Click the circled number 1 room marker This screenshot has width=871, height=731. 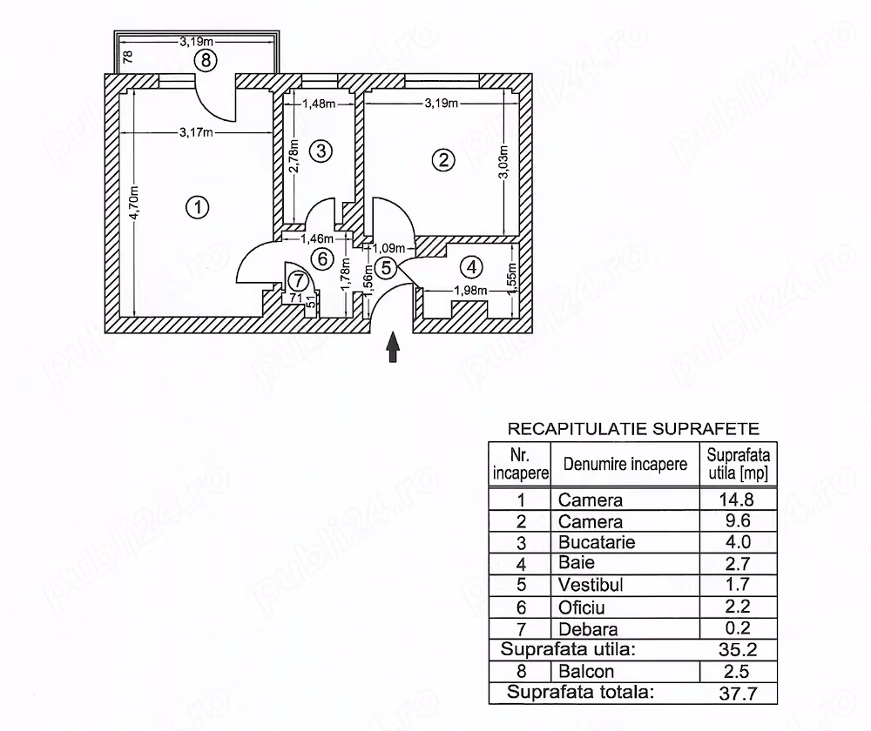pos(197,208)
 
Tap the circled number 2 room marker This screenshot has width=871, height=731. pos(443,160)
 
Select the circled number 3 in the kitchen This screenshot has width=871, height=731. pos(321,151)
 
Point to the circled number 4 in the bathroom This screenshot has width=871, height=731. pos(471,267)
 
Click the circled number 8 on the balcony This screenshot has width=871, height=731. pos(206,60)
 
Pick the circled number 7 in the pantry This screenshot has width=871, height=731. pos(299,281)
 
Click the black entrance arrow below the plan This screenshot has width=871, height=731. pos(394,347)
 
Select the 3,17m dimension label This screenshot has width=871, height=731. pos(196,132)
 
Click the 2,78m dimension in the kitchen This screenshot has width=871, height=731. pos(295,156)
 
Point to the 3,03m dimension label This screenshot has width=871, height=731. pos(503,162)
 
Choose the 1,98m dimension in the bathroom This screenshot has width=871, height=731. pos(470,291)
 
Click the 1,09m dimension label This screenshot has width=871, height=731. pos(388,249)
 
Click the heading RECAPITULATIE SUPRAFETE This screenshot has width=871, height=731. pos(633,429)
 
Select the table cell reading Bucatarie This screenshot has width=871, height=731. pos(597,542)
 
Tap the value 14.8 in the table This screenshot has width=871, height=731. pos(737,500)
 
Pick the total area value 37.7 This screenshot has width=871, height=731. pos(738,694)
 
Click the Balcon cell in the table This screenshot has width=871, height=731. pos(586,672)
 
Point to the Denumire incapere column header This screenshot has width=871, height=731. pos(625,464)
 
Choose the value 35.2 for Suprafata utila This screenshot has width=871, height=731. pos(738,649)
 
